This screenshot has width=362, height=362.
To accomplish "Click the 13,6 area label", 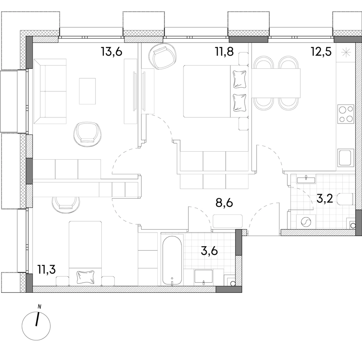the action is tap(111, 51).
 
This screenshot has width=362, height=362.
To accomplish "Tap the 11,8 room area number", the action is tap(224, 51).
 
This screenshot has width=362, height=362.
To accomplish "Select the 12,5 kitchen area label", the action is tap(321, 51).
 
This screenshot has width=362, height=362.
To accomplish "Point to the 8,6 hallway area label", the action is tap(224, 203).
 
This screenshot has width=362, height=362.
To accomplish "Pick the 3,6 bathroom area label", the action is tap(210, 251).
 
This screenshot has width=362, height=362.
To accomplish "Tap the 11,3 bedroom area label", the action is tap(47, 269).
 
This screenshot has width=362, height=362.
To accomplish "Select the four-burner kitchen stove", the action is tap(346, 114).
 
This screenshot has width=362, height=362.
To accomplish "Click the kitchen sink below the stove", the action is tap(346, 157).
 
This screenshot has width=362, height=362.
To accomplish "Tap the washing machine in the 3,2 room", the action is tap(306, 222).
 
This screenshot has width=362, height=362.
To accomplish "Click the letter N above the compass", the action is tap(39, 307).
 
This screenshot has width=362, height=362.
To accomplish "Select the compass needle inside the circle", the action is tap(37, 319).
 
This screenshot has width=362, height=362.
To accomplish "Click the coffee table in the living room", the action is tap(87, 91).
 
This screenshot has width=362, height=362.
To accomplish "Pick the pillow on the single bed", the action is tap(85, 277).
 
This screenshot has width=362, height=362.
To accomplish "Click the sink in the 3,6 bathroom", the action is tap(204, 276).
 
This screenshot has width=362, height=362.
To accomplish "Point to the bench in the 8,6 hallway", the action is tap(228, 221).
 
